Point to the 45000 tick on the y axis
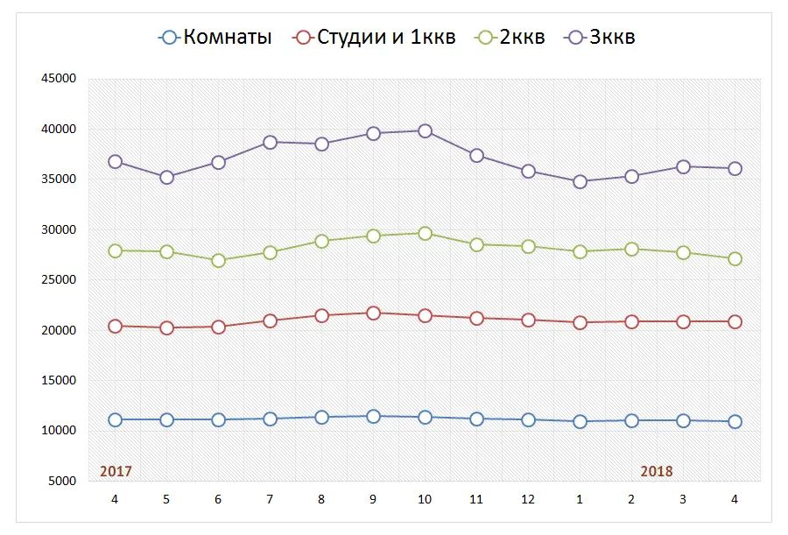(x=60, y=79)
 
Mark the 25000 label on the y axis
(x=60, y=280)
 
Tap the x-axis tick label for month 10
(x=425, y=499)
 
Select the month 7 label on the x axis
(x=270, y=499)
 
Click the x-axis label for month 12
(x=528, y=499)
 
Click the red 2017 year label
(x=116, y=471)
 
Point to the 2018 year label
(x=657, y=471)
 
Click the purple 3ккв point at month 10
(x=425, y=130)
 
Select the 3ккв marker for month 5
(x=166, y=177)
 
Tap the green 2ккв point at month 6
(x=218, y=260)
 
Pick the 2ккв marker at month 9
(x=373, y=236)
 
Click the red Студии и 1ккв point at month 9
(x=373, y=313)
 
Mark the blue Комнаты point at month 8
(x=321, y=417)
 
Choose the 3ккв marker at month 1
(x=580, y=181)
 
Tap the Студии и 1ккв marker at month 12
(x=528, y=320)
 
